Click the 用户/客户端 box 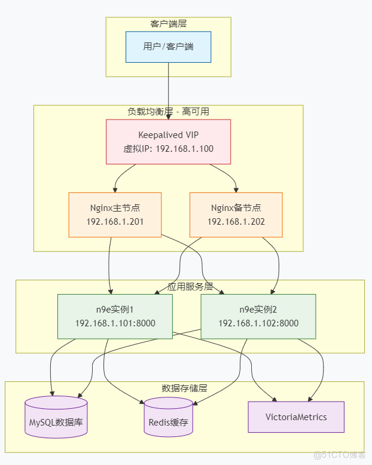click(x=168, y=47)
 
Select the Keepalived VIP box click(x=168, y=142)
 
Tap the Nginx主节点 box click(x=115, y=215)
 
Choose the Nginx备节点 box click(x=236, y=215)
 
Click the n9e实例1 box click(x=115, y=316)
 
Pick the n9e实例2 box click(x=258, y=316)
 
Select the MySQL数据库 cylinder click(x=56, y=417)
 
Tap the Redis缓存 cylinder click(x=168, y=417)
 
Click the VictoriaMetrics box click(x=296, y=417)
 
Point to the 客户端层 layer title click(x=168, y=23)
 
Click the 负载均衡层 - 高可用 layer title click(x=168, y=112)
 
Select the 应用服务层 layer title click(x=190, y=286)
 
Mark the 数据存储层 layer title click(x=184, y=388)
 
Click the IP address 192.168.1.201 click(x=115, y=222)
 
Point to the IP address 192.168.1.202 click(x=236, y=222)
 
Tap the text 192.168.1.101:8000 click(x=115, y=323)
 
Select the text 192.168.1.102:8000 click(x=258, y=323)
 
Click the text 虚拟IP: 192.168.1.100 click(x=168, y=149)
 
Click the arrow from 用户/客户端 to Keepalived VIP click(x=168, y=90)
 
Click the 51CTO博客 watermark click(x=339, y=455)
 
